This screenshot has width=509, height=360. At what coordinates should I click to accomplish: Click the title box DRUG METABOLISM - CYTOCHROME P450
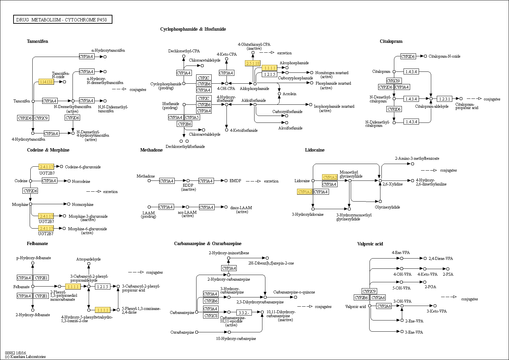(x=63, y=19)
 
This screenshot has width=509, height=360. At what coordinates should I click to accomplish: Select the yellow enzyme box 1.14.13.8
(x=46, y=82)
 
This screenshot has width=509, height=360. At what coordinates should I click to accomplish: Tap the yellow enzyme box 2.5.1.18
(x=253, y=63)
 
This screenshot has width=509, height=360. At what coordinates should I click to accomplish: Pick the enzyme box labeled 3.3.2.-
(x=244, y=312)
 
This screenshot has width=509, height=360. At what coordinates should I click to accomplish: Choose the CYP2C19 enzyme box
(x=394, y=81)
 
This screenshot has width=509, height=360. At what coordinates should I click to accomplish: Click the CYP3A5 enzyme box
(x=192, y=117)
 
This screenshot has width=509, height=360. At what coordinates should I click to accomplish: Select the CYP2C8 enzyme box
(x=211, y=316)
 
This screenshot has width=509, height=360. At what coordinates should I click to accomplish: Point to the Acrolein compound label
(x=289, y=94)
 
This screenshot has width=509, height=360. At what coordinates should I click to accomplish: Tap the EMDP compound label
(x=235, y=180)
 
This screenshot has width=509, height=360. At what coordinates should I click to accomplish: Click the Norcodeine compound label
(x=81, y=181)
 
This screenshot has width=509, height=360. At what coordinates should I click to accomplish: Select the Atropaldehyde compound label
(x=88, y=259)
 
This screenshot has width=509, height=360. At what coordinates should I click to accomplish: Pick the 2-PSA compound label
(x=448, y=274)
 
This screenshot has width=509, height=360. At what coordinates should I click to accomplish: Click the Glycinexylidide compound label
(x=387, y=207)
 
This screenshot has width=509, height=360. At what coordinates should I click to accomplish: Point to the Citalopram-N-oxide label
(x=444, y=56)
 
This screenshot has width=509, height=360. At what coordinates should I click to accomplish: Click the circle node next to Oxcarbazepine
(x=197, y=332)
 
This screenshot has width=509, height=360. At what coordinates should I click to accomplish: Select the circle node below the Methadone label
(x=149, y=180)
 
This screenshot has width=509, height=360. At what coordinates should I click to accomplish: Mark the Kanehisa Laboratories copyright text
(x=25, y=357)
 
